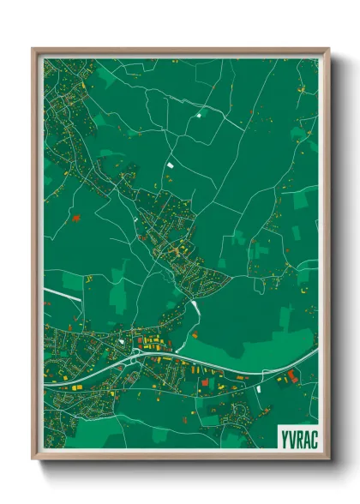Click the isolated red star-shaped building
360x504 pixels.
pos(76,219)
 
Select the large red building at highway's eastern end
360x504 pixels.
pos(293,375)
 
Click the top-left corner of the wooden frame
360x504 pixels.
pos(33,49)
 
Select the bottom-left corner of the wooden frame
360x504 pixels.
pos(33,460)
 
